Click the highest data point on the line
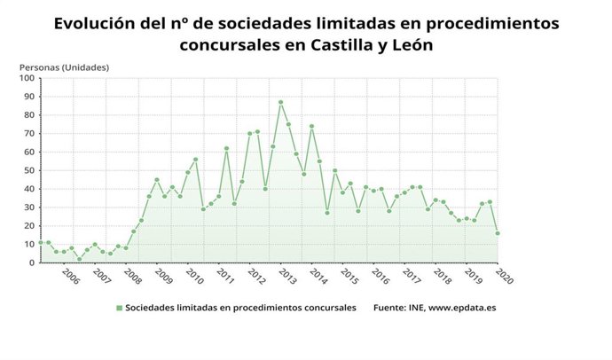pos(280,102)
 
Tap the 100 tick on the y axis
pos(26,78)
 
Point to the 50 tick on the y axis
pos(28,170)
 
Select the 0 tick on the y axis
pos(31,262)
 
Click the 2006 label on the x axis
pos(71,276)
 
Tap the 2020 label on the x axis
pos(505,276)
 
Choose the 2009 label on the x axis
pos(164,276)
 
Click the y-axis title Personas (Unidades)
pos(64,67)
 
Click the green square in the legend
pos(119,308)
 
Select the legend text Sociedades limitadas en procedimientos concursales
pos(241,308)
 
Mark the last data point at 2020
pos(497,233)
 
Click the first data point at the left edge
pos(41,242)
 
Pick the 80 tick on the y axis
pos(28,115)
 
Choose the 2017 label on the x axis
pos(412,276)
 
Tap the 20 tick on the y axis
pos(28,226)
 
